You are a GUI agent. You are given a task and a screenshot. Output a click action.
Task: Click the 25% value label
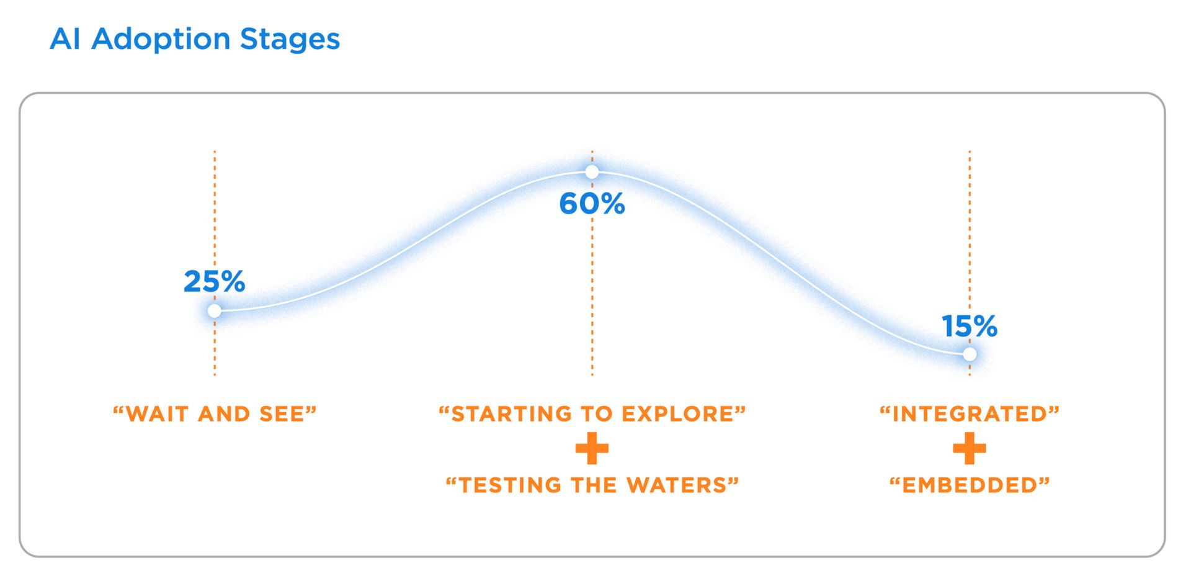[x=215, y=281]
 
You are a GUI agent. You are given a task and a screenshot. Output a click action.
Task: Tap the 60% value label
[x=592, y=204]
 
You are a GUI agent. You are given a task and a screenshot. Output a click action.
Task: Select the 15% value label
[x=970, y=326]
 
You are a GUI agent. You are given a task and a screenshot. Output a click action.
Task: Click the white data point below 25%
[x=215, y=310]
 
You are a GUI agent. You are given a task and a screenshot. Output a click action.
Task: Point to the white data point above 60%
[x=592, y=171]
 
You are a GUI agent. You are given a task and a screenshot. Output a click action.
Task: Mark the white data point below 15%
[x=970, y=354]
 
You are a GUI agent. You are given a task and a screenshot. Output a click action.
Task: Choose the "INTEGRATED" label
[x=970, y=414]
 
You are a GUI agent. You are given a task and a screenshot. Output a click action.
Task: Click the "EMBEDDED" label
[x=970, y=485]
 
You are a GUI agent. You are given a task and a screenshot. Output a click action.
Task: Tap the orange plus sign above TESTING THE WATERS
[x=592, y=449]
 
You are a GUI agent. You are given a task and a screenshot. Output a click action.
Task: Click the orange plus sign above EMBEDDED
[x=970, y=449]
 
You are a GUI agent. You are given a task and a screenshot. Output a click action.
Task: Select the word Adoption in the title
[x=161, y=39]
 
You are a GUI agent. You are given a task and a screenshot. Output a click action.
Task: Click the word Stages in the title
[x=290, y=39]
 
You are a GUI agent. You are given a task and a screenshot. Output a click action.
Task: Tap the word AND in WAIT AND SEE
[x=223, y=414]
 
